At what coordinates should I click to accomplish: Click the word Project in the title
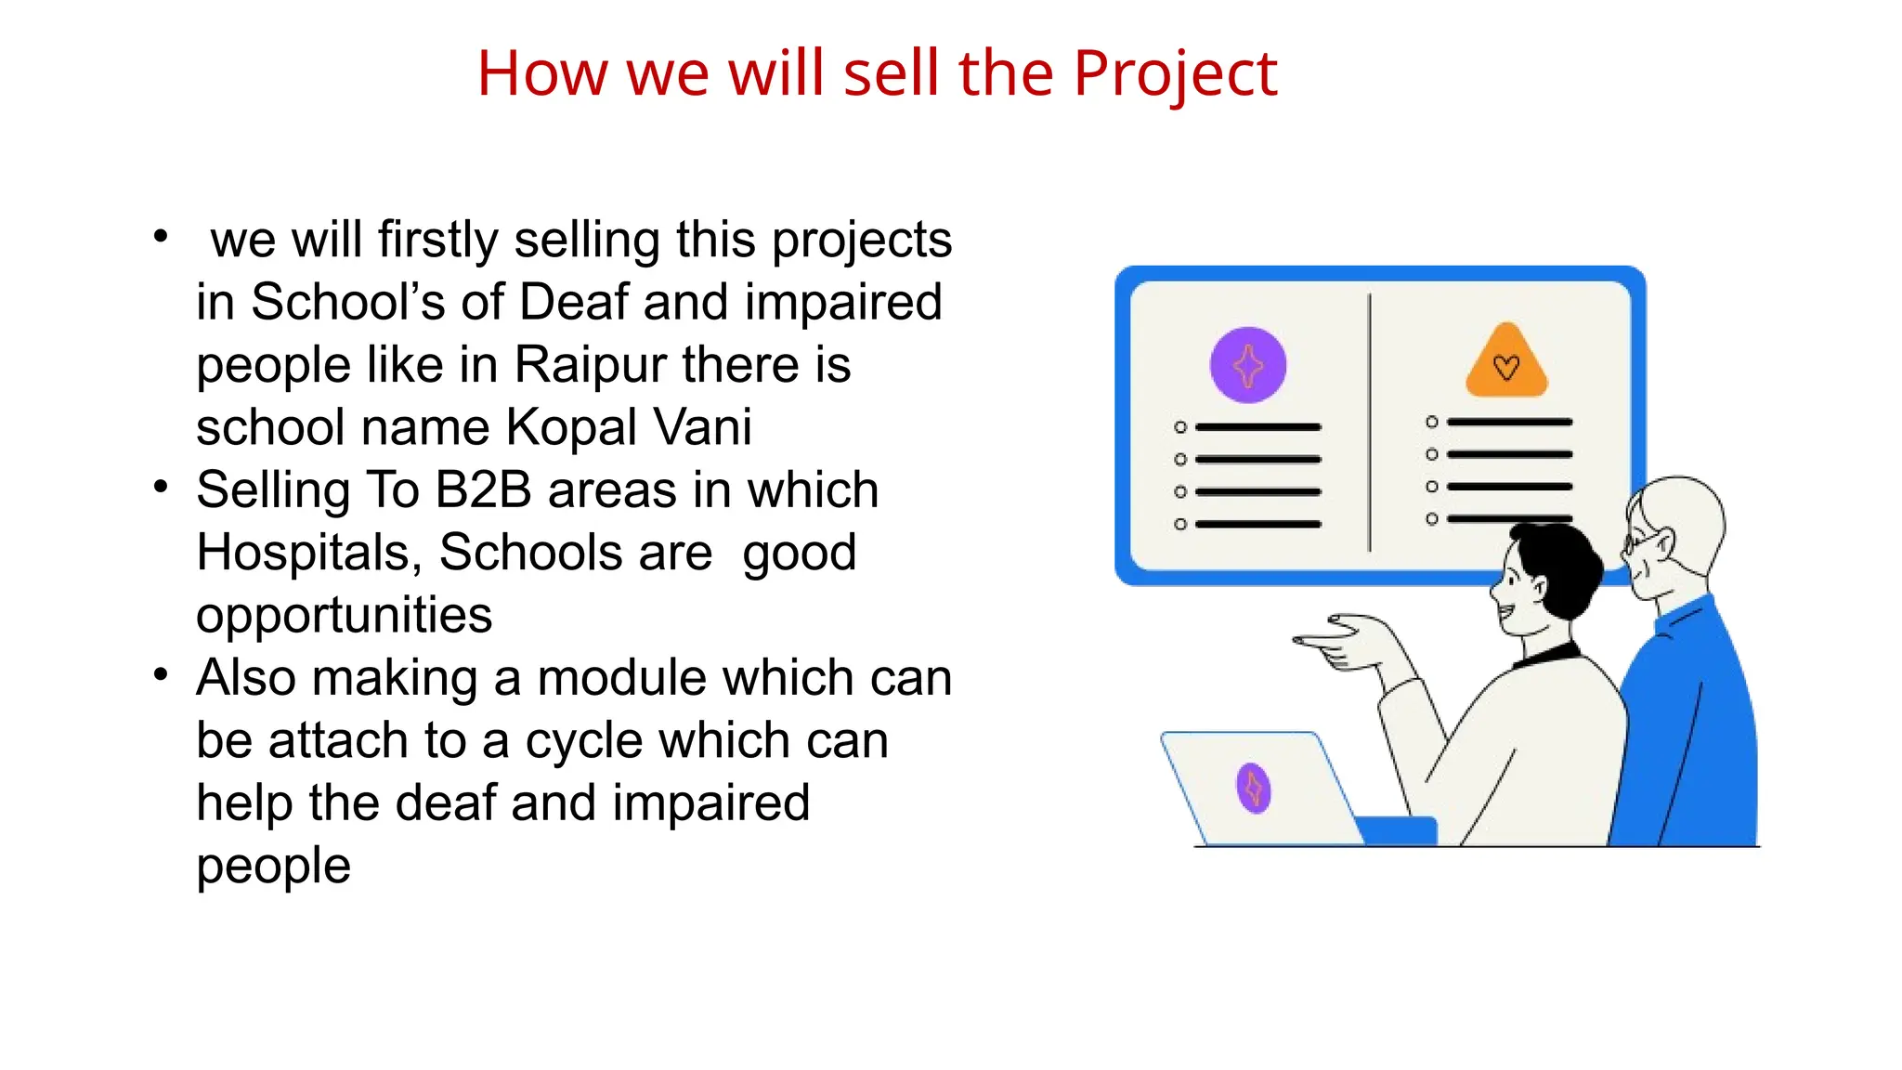click(1175, 73)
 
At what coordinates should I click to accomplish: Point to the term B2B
click(483, 489)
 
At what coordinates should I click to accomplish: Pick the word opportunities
click(344, 615)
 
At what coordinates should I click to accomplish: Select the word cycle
click(592, 740)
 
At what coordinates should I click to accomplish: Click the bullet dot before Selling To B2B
click(162, 486)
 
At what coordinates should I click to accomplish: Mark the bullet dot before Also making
click(162, 673)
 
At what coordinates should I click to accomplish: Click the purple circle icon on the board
click(1247, 365)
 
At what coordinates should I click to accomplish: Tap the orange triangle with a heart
click(1506, 364)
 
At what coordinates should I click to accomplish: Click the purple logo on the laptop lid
click(1254, 788)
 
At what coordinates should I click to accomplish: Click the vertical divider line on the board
click(1369, 423)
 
